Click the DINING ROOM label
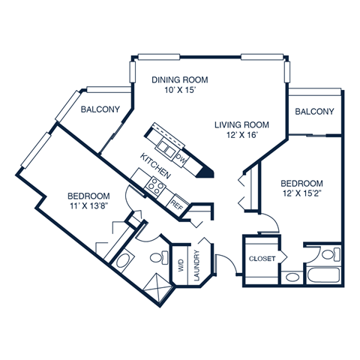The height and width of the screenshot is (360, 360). [179, 79]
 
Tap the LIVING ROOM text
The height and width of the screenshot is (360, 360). [241, 124]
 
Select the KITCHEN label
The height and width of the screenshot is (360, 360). [156, 165]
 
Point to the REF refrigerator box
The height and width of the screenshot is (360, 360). [177, 202]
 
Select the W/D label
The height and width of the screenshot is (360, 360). [180, 265]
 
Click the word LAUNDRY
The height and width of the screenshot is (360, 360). [196, 266]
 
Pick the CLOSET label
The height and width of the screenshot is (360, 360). [262, 259]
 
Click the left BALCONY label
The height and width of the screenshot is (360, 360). [100, 109]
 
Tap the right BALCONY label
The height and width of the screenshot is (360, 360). [314, 112]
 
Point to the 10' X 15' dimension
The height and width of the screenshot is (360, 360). [179, 90]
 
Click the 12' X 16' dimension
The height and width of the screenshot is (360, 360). [241, 136]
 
